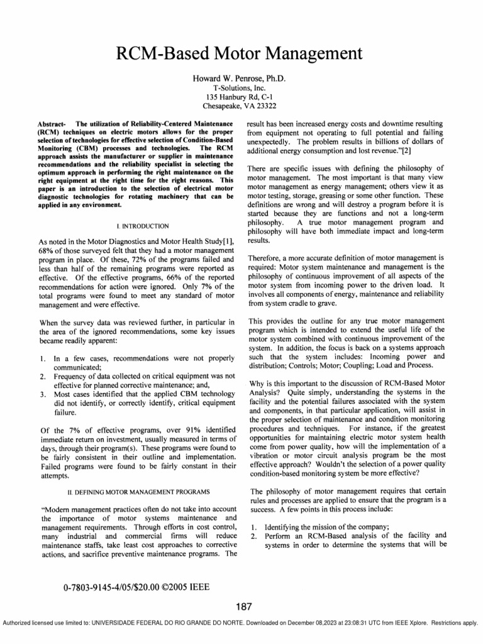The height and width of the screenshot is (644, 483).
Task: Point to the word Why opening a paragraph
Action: [258, 382]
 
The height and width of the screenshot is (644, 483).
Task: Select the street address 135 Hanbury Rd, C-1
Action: [241, 98]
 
